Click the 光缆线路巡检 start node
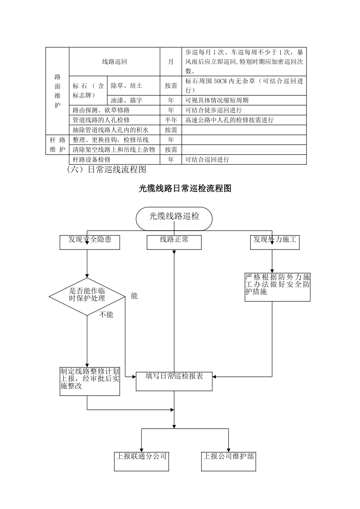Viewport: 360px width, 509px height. point(174,219)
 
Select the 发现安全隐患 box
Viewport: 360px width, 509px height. point(90,242)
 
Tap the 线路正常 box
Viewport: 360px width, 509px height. point(174,242)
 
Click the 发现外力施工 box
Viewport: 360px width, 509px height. point(275,242)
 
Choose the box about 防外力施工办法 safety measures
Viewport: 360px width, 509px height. point(277,287)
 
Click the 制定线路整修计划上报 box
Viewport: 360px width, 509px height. point(90,381)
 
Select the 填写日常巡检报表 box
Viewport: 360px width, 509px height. point(174,380)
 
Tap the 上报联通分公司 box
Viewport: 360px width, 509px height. point(141,461)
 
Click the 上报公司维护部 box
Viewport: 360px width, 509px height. point(229,461)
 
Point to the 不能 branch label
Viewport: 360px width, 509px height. point(106,314)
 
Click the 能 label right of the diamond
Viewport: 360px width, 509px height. point(134,296)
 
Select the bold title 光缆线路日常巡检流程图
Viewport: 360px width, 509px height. point(185,188)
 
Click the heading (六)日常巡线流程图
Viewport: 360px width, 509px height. point(106,169)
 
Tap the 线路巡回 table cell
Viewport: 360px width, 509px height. point(114,62)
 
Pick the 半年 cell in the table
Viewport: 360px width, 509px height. point(171,120)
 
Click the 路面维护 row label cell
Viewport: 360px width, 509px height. point(58,91)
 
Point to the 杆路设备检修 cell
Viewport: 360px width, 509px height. point(114,159)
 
